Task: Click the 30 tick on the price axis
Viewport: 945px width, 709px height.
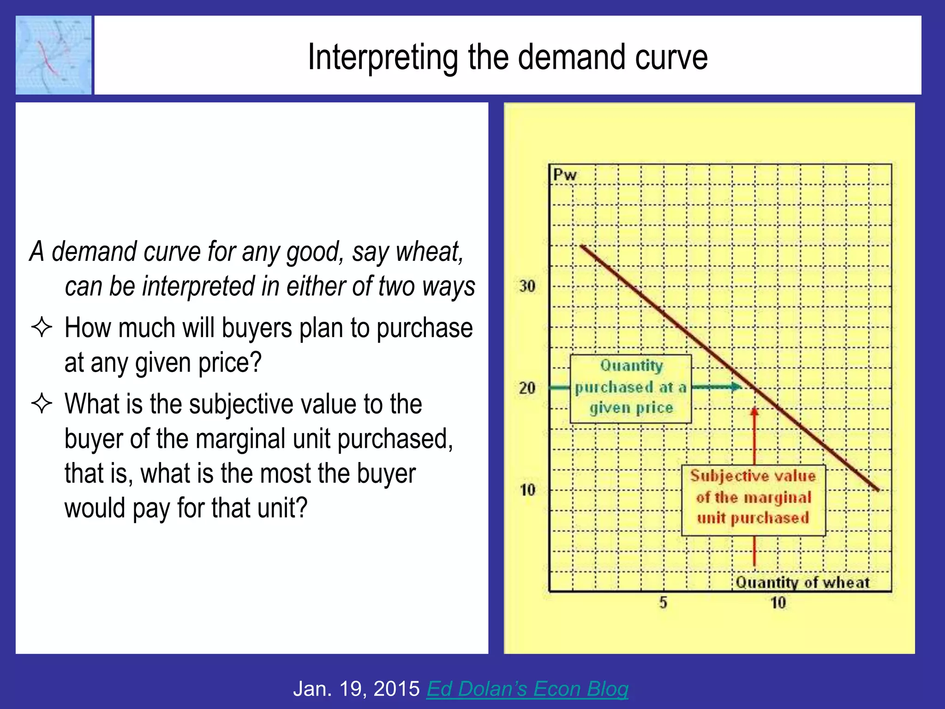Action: pyautogui.click(x=527, y=286)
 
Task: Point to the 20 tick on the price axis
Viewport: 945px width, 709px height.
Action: pyautogui.click(x=527, y=388)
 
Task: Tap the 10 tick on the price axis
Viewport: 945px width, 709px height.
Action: pyautogui.click(x=527, y=490)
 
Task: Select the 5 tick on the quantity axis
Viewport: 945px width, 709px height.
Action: pyautogui.click(x=663, y=602)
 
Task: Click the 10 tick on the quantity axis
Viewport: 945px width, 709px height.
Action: pyautogui.click(x=778, y=602)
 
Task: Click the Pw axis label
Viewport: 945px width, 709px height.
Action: pyautogui.click(x=565, y=175)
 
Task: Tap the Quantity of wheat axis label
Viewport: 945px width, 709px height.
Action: pyautogui.click(x=802, y=583)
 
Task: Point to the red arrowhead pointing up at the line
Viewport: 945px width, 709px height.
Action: pyautogui.click(x=754, y=411)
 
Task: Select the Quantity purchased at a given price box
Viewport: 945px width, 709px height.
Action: pyautogui.click(x=631, y=388)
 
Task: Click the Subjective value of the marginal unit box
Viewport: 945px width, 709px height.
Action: pyautogui.click(x=753, y=500)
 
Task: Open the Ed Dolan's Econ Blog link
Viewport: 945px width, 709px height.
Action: pyautogui.click(x=527, y=689)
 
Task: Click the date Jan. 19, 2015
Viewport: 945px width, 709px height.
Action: pyautogui.click(x=356, y=689)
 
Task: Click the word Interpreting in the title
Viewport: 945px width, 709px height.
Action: pyautogui.click(x=383, y=57)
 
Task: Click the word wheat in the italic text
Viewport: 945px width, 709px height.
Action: pyautogui.click(x=429, y=252)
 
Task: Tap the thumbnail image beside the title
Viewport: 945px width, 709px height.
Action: pyautogui.click(x=54, y=55)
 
